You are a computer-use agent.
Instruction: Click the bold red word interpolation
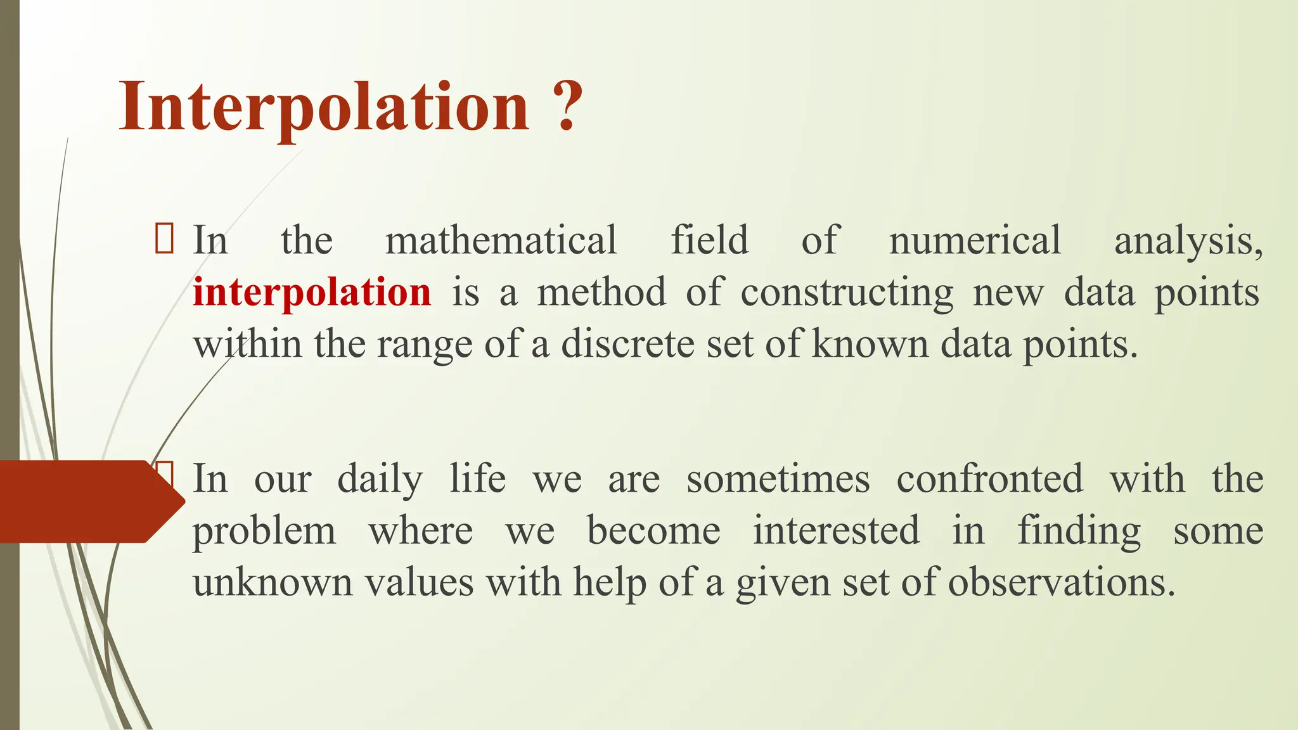pyautogui.click(x=312, y=292)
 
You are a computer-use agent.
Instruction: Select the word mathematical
pyautogui.click(x=501, y=240)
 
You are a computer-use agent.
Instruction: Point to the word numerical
pyautogui.click(x=974, y=240)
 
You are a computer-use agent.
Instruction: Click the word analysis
pyautogui.click(x=1187, y=241)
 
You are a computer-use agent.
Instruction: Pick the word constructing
pyautogui.click(x=846, y=293)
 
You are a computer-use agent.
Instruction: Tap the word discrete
pyautogui.click(x=627, y=344)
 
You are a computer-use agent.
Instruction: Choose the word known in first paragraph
pyautogui.click(x=870, y=344)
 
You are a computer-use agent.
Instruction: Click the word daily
pyautogui.click(x=380, y=479)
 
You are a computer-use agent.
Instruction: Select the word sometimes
pyautogui.click(x=778, y=478)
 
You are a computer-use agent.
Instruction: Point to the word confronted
pyautogui.click(x=989, y=478)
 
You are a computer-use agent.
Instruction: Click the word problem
pyautogui.click(x=264, y=531)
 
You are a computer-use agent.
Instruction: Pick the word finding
pyautogui.click(x=1079, y=531)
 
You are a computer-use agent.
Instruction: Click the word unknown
pyautogui.click(x=272, y=582)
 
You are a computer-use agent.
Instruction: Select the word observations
pyautogui.click(x=1061, y=582)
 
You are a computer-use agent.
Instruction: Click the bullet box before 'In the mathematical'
pyautogui.click(x=164, y=240)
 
